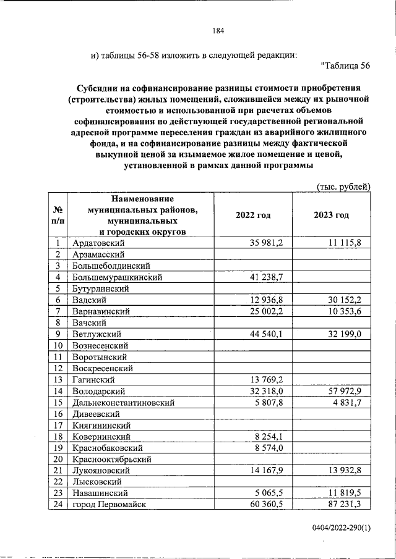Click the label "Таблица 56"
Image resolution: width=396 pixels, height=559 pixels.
pos(346,65)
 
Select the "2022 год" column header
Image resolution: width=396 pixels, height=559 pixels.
pos(253,215)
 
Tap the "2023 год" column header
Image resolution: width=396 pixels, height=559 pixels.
pos(331,215)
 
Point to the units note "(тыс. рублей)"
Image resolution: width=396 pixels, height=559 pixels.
pos(343,186)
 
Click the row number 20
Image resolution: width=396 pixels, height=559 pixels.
pos(58,459)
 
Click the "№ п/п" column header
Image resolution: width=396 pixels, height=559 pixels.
pos(58,215)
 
